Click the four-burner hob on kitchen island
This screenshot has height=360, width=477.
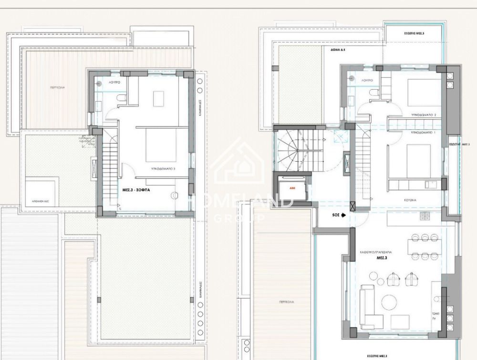click(425, 216)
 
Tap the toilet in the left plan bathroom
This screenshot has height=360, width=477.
click(121, 98)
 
